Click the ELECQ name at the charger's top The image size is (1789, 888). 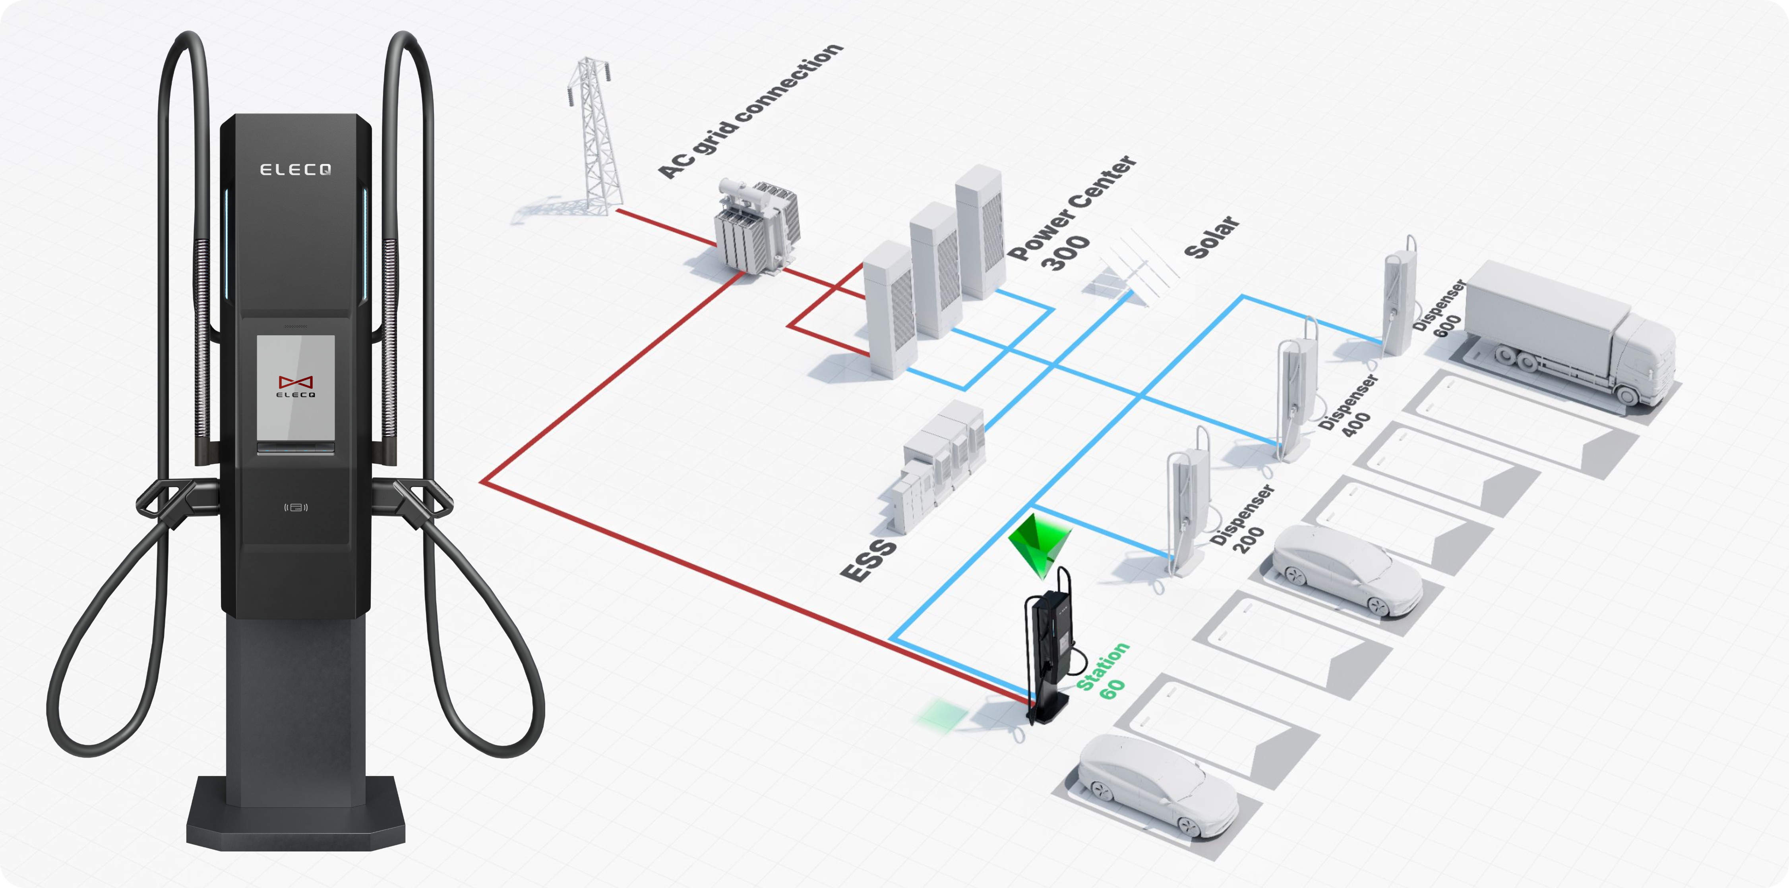(295, 170)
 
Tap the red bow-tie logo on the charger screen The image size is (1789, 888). (296, 382)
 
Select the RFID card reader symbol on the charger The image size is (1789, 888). (296, 507)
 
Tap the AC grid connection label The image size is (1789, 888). (750, 111)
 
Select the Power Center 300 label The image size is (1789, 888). (1069, 215)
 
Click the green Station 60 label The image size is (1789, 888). (1104, 670)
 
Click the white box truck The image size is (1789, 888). (1570, 333)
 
